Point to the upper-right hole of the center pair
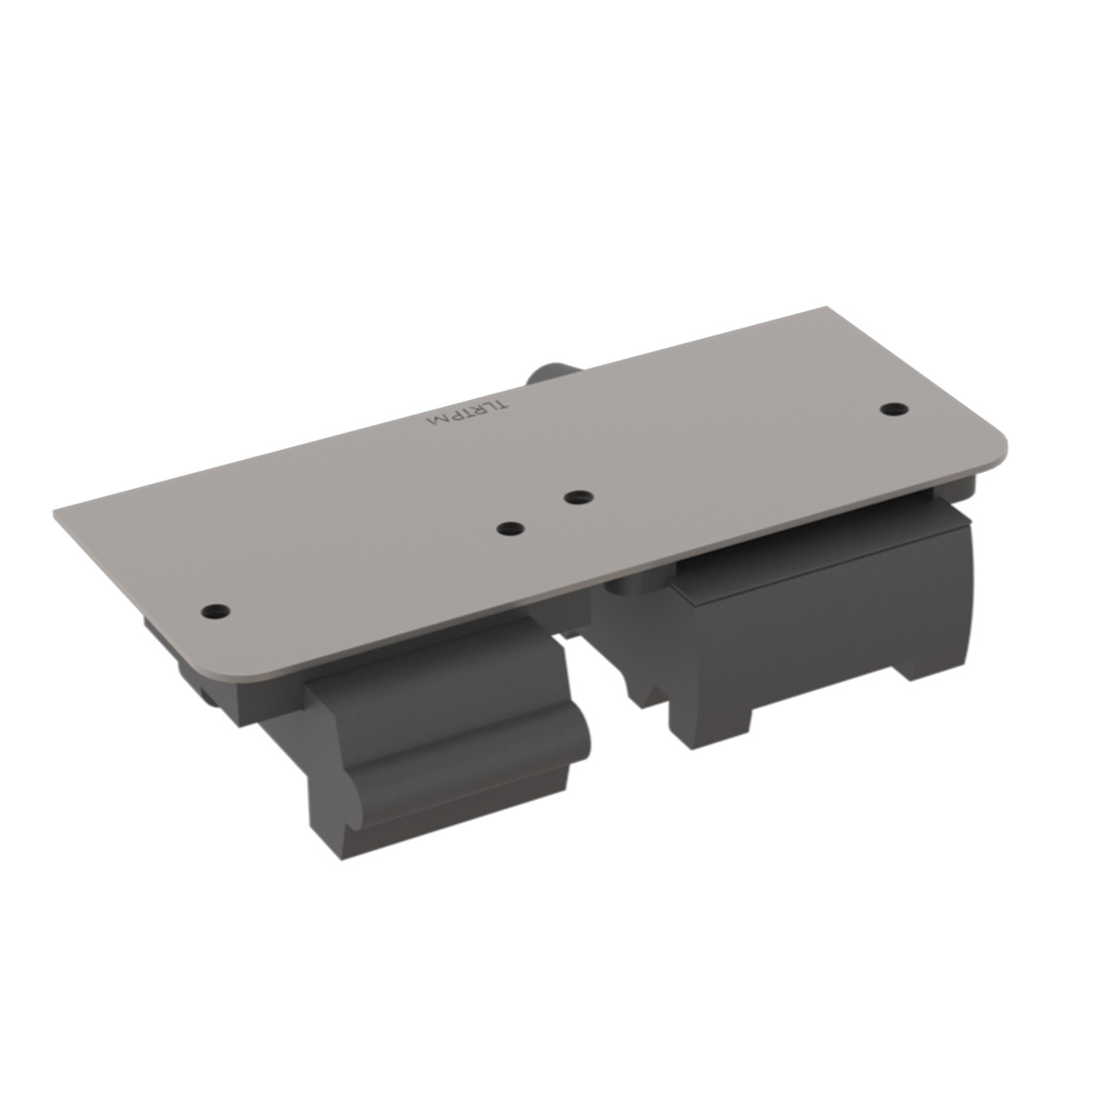pyautogui.click(x=579, y=497)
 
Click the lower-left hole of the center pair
pyautogui.click(x=510, y=529)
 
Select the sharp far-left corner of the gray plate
pyautogui.click(x=57, y=508)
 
